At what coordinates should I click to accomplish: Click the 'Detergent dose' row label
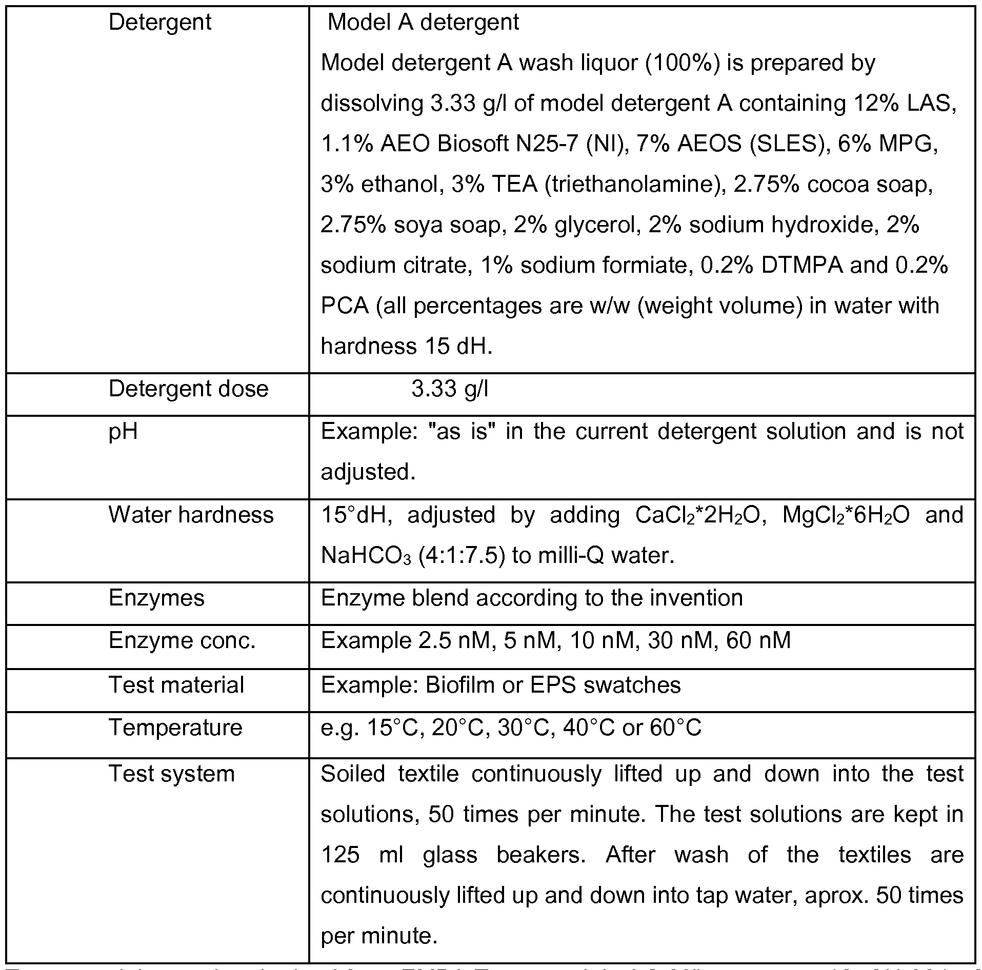(x=188, y=389)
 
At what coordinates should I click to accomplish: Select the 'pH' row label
(x=123, y=432)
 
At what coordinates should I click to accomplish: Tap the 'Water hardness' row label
(x=191, y=515)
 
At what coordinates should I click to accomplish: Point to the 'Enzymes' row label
(x=156, y=598)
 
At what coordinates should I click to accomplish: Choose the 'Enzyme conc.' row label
(x=182, y=641)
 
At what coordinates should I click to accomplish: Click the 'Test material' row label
(x=176, y=685)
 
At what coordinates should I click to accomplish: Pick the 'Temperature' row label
(x=175, y=728)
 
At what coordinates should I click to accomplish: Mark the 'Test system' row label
(x=171, y=774)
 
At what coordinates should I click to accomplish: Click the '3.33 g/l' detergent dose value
(x=450, y=389)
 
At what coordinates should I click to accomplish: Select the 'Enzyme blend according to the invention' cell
(x=532, y=598)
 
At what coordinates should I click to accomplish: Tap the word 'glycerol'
(x=595, y=225)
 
